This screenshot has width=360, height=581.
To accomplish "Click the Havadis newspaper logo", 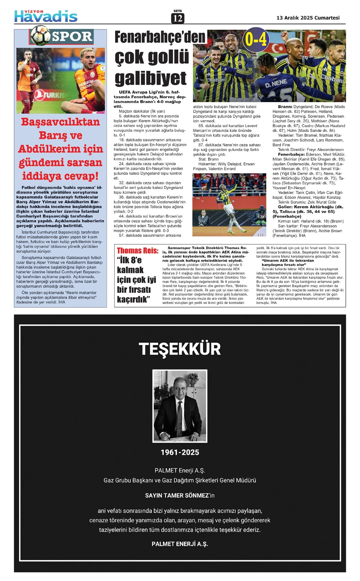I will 46,16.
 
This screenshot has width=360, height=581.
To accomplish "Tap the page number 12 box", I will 178,19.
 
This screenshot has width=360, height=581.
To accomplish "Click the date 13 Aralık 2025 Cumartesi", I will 308,18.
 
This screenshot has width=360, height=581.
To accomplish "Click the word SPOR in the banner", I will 72,37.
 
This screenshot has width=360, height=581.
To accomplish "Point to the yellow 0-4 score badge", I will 256,39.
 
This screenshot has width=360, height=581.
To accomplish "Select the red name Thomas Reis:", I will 137,251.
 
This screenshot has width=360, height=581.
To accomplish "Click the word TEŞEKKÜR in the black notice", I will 180,349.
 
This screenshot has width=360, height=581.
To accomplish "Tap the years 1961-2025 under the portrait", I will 180,452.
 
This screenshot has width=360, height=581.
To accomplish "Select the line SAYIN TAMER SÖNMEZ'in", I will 180,496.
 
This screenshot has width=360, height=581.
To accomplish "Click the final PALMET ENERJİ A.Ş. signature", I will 180,544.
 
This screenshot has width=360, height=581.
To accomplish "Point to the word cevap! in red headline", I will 81,176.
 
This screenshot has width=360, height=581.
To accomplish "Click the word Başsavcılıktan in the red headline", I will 60,122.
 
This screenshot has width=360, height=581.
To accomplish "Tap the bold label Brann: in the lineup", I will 285,107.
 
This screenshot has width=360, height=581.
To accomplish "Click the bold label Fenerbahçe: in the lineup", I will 291,154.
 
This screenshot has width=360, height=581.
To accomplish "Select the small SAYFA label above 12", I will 178,11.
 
